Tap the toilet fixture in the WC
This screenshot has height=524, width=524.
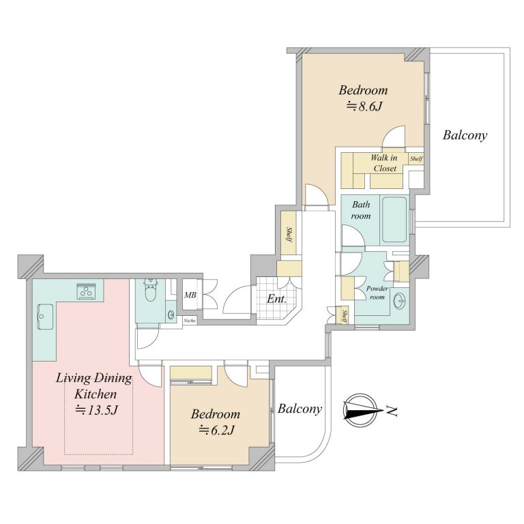151,290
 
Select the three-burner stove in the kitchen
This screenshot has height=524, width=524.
87,291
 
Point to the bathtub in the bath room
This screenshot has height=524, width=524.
394,220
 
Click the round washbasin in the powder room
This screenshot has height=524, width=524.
400,302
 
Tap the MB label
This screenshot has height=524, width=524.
190,295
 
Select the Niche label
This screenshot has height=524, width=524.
190,321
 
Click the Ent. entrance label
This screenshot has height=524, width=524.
276,299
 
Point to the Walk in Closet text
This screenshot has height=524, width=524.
384,163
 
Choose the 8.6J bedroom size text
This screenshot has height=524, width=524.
364,106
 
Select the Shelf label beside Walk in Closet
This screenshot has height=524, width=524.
416,159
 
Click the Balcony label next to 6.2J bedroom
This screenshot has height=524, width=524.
300,409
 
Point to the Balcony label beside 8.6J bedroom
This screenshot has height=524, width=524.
465,135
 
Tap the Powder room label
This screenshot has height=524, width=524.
377,293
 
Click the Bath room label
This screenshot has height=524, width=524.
361,210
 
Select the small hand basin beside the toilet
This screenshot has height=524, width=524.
171,314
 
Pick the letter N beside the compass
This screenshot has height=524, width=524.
392,411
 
